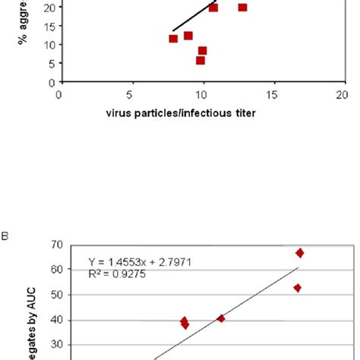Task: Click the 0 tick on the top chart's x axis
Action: (59, 95)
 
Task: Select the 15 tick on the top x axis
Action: (272, 95)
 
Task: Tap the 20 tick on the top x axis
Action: (343, 95)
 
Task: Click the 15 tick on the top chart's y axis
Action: (48, 26)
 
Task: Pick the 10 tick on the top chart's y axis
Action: (48, 45)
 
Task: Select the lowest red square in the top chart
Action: (201, 61)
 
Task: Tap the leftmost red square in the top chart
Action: (173, 39)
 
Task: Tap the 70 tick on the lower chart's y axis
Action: (55, 245)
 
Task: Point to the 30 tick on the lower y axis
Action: (55, 343)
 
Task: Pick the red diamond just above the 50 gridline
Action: (298, 288)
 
